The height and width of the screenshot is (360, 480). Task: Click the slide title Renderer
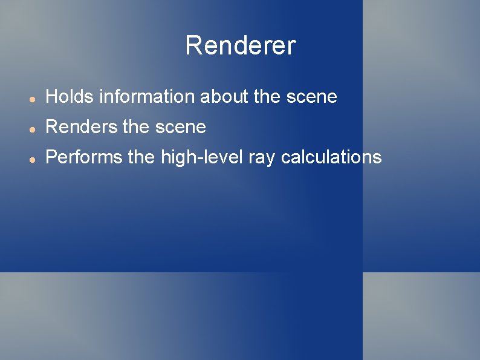pos(240,45)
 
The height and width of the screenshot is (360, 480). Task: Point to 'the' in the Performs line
pos(141,157)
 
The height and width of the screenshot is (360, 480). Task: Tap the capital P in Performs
pos(51,157)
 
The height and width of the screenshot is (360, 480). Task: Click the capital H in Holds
pos(52,96)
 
